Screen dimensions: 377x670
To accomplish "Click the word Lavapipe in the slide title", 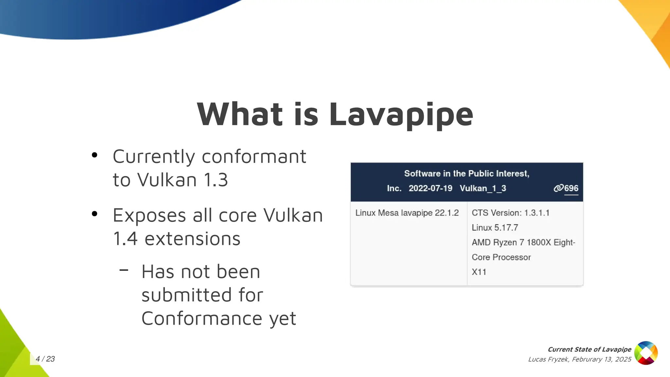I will tap(401, 115).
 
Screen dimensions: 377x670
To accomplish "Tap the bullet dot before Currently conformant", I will tap(95, 155).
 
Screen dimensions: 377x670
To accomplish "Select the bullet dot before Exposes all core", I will tap(95, 214).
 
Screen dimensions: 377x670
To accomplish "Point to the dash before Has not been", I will tap(124, 270).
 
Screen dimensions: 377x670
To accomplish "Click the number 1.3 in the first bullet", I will tap(216, 180).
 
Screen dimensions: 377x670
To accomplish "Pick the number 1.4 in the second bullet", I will tap(125, 239).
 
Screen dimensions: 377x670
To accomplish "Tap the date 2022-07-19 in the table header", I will tap(430, 188).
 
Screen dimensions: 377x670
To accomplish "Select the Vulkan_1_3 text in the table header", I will tap(483, 188).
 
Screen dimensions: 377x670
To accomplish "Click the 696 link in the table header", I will tap(571, 188).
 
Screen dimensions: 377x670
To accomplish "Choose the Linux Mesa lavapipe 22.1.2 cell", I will tap(407, 213).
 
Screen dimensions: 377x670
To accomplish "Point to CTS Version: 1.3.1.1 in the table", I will tap(510, 213).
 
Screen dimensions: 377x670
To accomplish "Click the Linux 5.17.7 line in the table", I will tap(495, 227).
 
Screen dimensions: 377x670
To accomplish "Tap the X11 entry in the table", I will tap(479, 272).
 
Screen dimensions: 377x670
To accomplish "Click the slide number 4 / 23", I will tap(45, 359).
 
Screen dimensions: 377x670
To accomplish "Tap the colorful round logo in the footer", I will tap(646, 353).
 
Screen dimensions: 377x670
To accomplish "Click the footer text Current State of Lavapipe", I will tap(589, 350).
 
